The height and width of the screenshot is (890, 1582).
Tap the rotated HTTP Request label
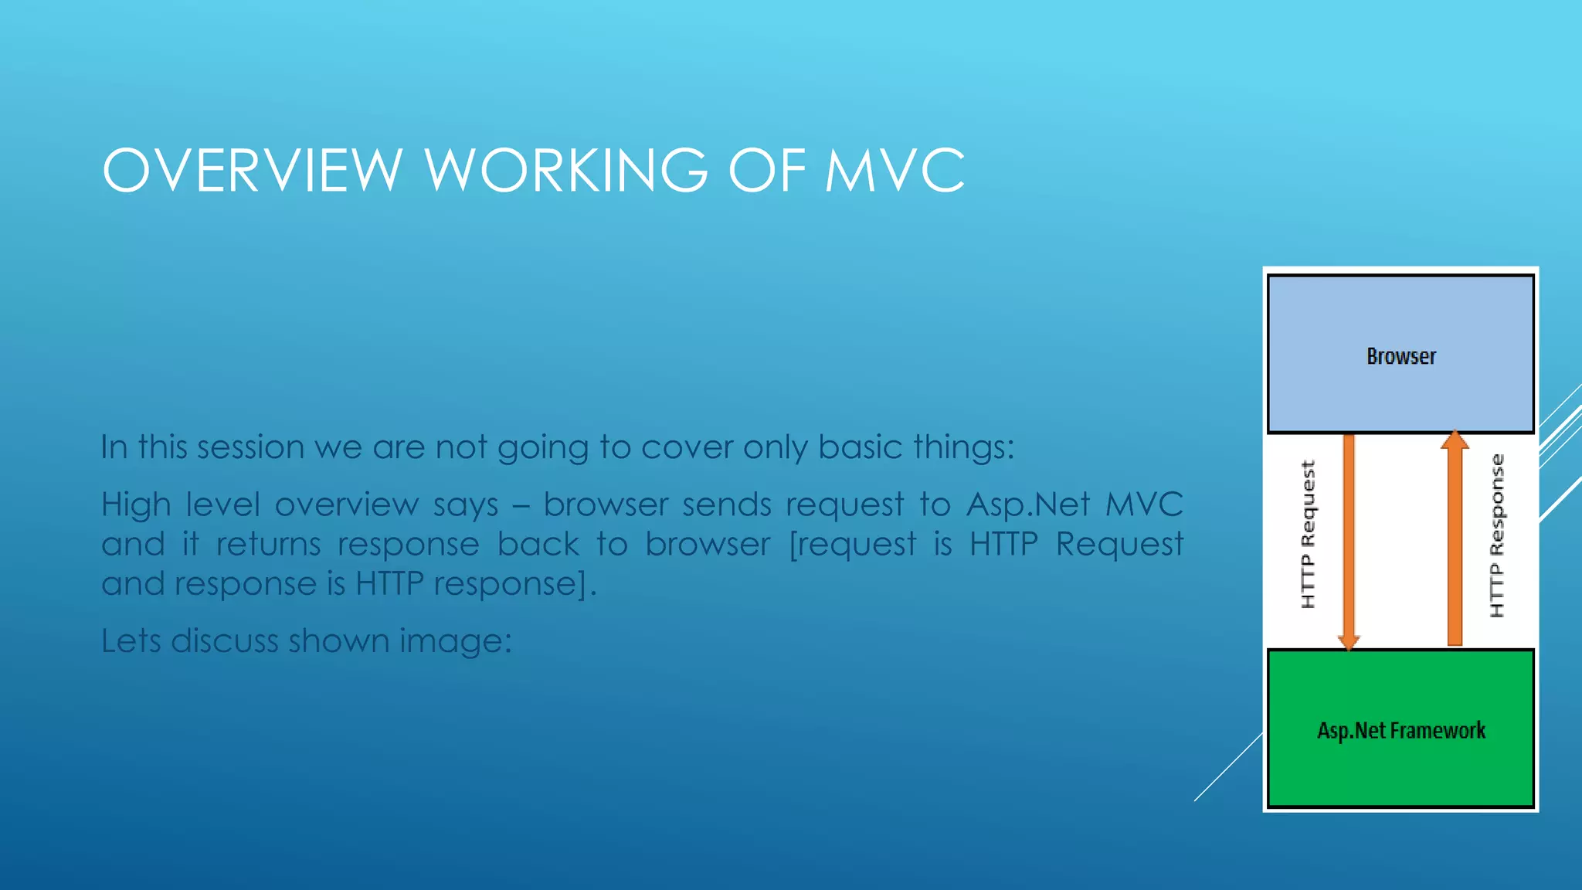pos(1308,535)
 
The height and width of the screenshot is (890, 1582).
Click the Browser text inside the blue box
pos(1401,356)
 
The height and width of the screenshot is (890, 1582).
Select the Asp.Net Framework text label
pos(1401,730)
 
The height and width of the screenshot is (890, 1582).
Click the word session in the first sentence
pos(250,447)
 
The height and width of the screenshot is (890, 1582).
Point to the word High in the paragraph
pos(136,505)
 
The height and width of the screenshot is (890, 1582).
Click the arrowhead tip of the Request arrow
pos(1349,643)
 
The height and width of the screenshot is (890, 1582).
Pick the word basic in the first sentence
pos(860,447)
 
